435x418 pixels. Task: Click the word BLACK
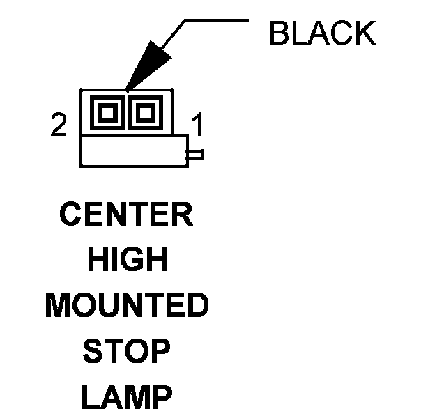point(321,33)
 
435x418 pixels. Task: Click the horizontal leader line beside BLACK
point(216,20)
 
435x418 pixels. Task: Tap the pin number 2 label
point(59,125)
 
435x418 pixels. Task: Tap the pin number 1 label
point(197,126)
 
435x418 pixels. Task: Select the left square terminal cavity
point(108,111)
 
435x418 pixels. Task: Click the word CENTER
point(126,215)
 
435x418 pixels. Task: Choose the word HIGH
point(127,260)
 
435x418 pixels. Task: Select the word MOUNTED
point(127,306)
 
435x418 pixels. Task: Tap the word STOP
point(126,352)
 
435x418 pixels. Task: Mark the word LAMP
point(126,398)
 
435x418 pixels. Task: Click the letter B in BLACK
point(280,33)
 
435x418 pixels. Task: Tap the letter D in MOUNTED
point(197,306)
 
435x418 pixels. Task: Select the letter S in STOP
point(93,352)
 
